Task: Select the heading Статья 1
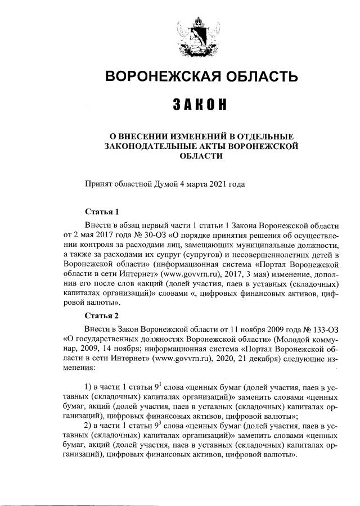click(x=102, y=212)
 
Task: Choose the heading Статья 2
click(x=102, y=315)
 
